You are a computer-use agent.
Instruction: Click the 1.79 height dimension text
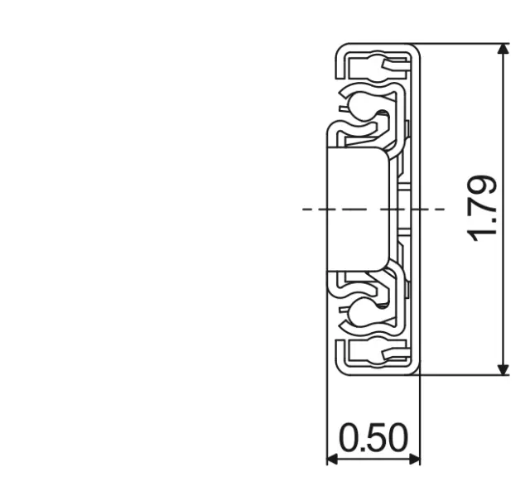(483, 209)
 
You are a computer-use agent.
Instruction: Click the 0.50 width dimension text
(374, 438)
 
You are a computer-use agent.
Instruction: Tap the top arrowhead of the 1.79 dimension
(503, 50)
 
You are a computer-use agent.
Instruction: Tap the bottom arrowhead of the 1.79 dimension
(503, 368)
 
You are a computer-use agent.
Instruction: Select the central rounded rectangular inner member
(358, 209)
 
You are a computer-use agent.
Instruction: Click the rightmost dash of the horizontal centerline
(438, 209)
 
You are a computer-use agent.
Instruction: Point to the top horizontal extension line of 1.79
(464, 44)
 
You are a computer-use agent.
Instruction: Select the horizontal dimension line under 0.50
(374, 459)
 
